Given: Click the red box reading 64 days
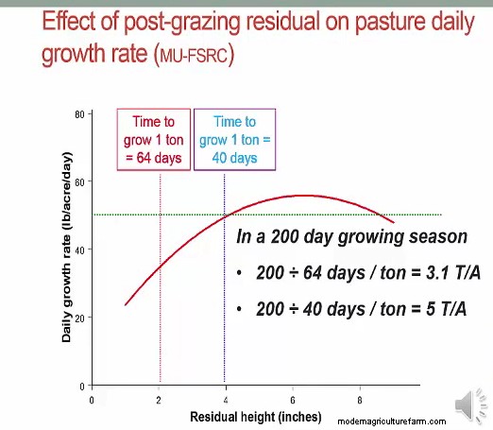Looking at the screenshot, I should tap(154, 139).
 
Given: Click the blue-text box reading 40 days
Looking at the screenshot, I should tap(234, 139).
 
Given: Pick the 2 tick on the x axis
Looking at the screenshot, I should tap(159, 400).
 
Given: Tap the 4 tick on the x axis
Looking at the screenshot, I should tap(225, 400).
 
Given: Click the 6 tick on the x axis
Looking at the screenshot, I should tap(292, 400).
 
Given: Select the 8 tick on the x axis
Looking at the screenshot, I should tap(359, 400).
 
